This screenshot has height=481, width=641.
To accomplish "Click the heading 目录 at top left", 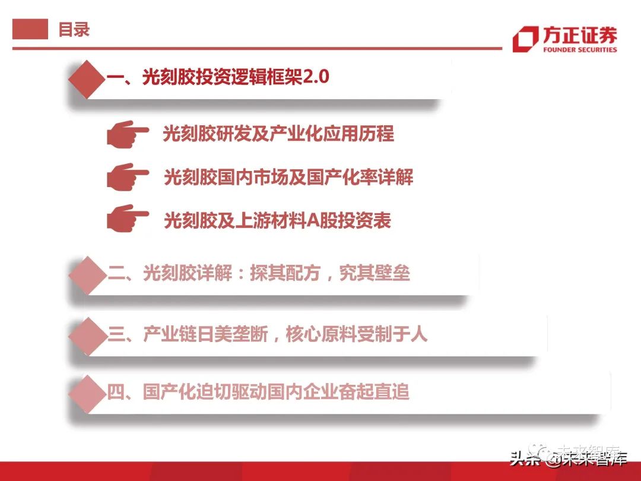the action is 74,30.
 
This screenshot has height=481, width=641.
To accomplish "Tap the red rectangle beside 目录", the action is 30,29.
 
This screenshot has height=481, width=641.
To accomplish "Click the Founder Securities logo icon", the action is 526,39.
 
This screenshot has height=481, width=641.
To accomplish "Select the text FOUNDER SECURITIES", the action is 580,49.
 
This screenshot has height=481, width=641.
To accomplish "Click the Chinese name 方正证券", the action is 580,35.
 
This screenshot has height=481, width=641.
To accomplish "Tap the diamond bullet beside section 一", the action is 87,79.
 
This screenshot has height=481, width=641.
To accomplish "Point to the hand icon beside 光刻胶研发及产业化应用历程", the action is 128,134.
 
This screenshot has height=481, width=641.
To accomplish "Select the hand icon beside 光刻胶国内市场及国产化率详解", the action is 128,177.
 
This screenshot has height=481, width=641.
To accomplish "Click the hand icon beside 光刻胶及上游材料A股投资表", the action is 128,219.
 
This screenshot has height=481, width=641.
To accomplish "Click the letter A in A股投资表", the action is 313,220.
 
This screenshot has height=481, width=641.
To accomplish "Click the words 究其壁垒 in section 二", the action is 374,273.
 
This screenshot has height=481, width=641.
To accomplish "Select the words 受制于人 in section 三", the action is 392,334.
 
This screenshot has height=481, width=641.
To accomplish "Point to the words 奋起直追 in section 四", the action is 374,391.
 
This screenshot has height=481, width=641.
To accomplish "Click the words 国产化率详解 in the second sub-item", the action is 360,177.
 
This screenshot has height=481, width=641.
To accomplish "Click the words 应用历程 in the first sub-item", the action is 359,134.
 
